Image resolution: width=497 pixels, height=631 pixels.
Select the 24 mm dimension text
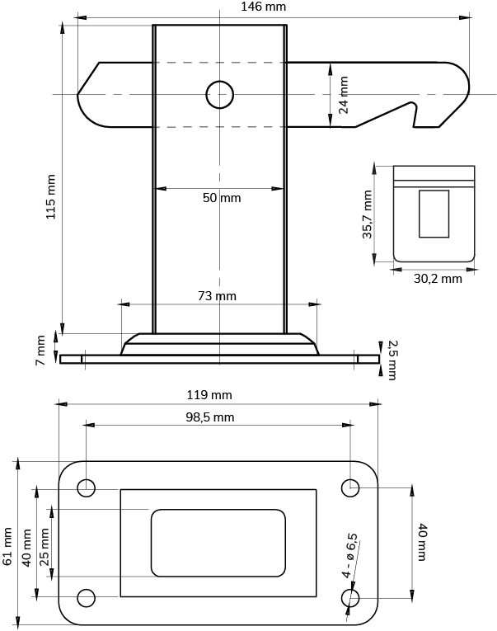point(343,94)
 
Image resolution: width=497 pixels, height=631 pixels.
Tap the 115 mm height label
point(51,196)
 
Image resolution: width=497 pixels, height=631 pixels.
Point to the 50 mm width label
point(222,198)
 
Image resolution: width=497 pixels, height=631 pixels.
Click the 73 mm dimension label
point(217,295)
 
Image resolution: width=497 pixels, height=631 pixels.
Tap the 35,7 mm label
point(368,214)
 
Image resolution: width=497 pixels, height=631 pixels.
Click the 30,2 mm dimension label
point(437,279)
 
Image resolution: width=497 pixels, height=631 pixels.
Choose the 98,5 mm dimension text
point(209,417)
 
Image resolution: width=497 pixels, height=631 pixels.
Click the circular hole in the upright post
point(220,94)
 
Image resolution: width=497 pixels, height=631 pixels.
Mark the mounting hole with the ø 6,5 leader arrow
point(350,598)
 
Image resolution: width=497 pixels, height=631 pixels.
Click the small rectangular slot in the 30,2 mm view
point(434,214)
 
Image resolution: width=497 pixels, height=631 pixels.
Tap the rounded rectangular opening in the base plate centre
point(218,543)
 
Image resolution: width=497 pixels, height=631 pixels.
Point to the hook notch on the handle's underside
point(415,115)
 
